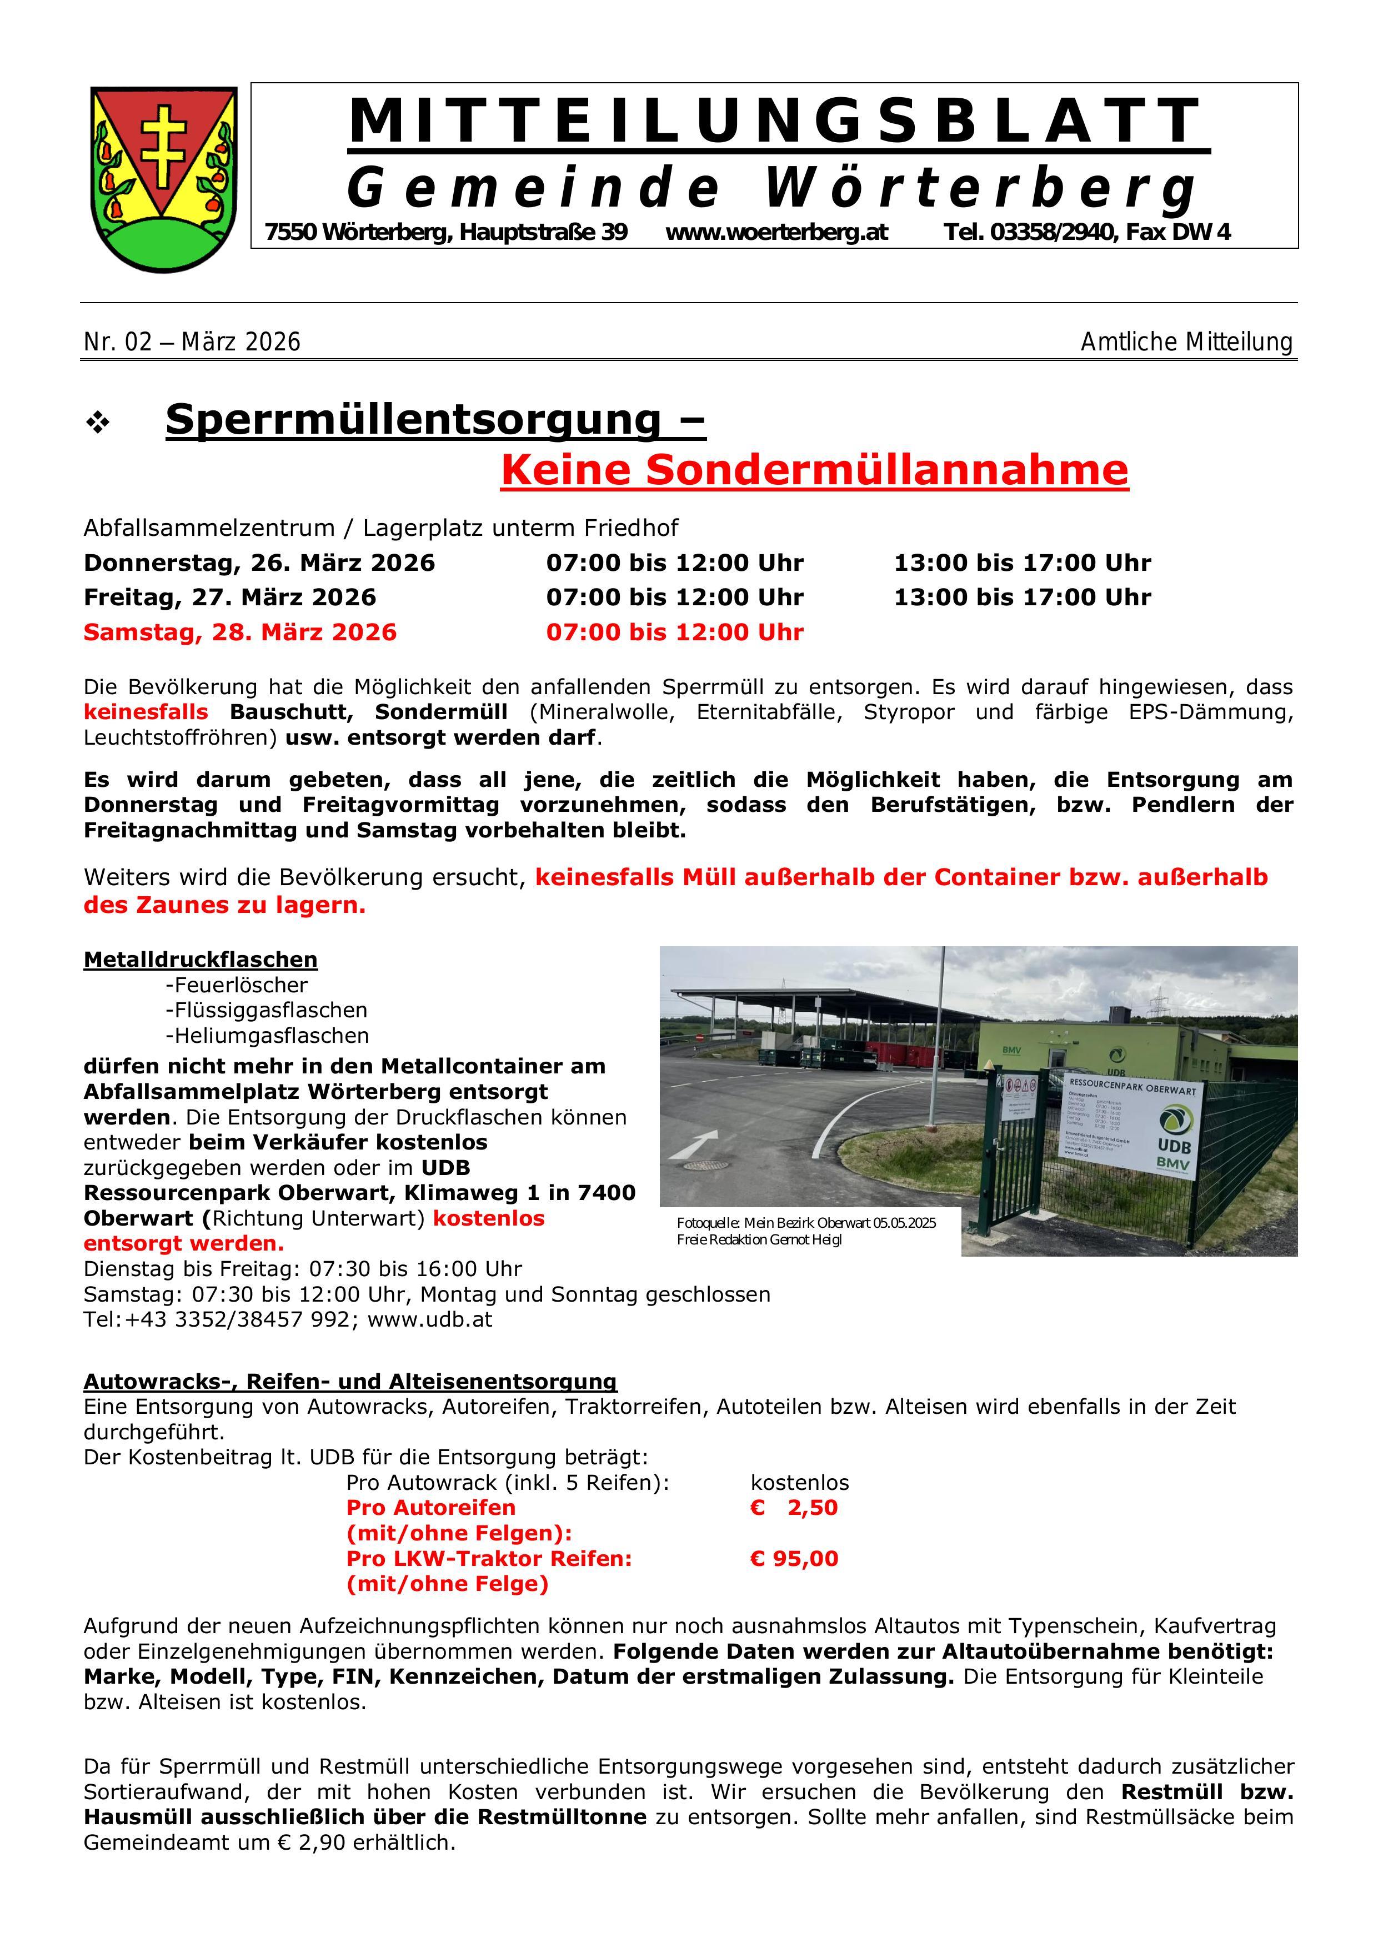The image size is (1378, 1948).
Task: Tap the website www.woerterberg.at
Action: (776, 232)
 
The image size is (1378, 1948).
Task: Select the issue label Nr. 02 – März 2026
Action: (192, 342)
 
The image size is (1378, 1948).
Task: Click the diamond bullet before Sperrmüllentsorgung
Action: (98, 423)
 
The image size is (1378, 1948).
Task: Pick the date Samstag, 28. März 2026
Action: (240, 632)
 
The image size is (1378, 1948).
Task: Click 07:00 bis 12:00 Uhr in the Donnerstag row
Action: (675, 563)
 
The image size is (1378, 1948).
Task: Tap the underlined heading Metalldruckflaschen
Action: (201, 960)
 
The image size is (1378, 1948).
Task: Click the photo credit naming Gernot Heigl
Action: (759, 1239)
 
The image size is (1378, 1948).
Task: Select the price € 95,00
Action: (794, 1559)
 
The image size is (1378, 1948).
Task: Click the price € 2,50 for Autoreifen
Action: (794, 1508)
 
